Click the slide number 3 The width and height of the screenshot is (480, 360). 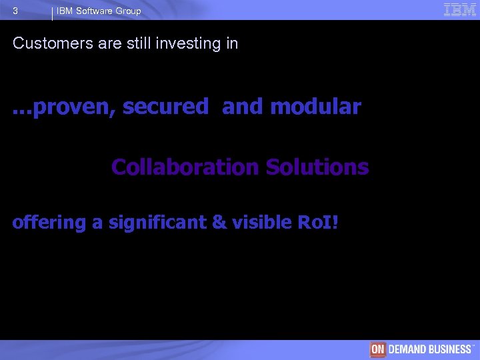coord(15,11)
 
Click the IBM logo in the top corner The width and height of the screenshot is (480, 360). coord(459,9)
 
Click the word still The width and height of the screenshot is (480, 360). coord(145,44)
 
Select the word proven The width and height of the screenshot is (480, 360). coord(73,107)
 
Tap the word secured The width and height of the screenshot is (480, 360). coord(166,107)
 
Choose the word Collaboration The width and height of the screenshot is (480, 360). coord(185,167)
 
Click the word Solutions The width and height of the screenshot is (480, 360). coord(317,167)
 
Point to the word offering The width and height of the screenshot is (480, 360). coord(49,223)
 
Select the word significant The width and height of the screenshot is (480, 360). coord(155,223)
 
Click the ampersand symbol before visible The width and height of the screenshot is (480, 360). coord(219,223)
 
